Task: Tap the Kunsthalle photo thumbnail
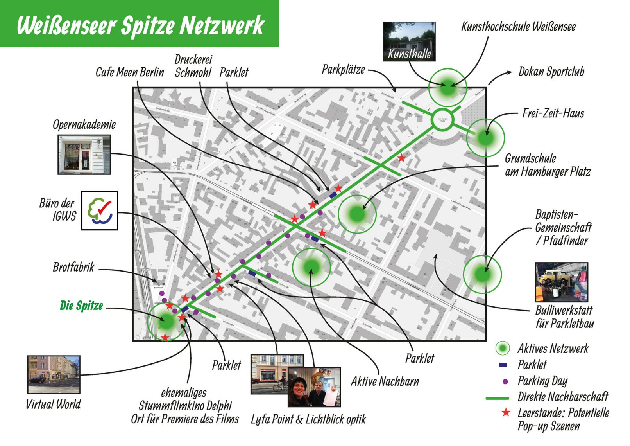[409, 41]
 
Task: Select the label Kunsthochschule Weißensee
[518, 27]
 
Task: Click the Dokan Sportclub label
[551, 72]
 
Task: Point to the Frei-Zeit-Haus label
[553, 113]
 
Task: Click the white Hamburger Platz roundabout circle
[442, 120]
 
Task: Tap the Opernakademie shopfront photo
[84, 155]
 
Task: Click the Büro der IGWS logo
[100, 210]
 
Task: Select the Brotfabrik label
[73, 267]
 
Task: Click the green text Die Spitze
[81, 306]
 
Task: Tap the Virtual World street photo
[54, 374]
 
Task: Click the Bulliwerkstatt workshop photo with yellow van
[561, 282]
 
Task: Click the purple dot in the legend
[505, 381]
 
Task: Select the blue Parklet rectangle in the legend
[503, 365]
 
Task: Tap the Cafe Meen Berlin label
[130, 72]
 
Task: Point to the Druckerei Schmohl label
[193, 66]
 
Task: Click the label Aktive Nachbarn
[385, 381]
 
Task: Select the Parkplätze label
[343, 70]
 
